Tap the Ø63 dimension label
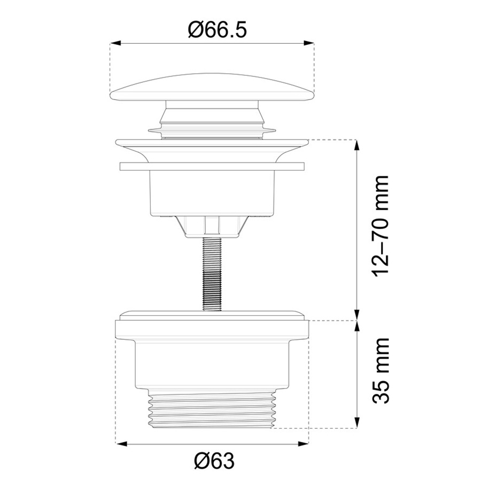pyautogui.click(x=214, y=461)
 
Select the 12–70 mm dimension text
pyautogui.click(x=381, y=227)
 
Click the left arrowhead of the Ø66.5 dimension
pyautogui.click(x=115, y=43)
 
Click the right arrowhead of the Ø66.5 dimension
pyautogui.click(x=309, y=43)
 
